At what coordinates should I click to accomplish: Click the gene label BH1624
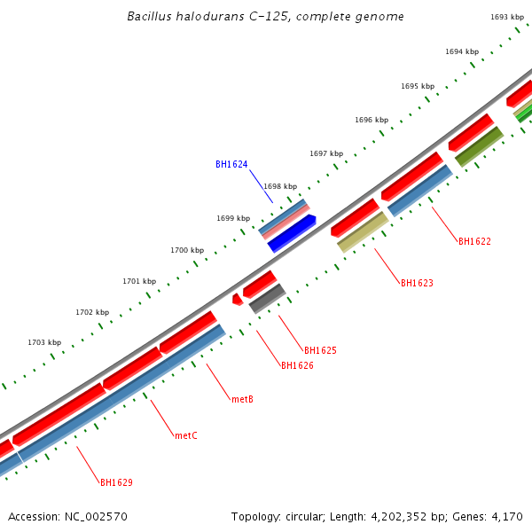(x=231, y=164)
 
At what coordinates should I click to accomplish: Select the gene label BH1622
(x=474, y=241)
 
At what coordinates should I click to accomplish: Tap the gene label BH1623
(x=417, y=284)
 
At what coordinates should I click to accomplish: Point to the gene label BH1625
(x=320, y=350)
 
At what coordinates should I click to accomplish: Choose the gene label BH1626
(x=297, y=365)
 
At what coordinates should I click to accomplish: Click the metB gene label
(x=243, y=399)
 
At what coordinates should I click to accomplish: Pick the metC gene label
(x=186, y=435)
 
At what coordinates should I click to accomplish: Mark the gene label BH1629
(x=116, y=483)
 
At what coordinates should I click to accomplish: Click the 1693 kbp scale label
(x=506, y=17)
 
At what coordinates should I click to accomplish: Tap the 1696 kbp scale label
(x=372, y=120)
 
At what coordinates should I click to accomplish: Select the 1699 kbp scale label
(x=233, y=218)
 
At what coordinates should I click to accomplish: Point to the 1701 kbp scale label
(x=139, y=281)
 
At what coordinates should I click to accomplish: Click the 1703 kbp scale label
(x=44, y=342)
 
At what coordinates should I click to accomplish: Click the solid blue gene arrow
(x=292, y=233)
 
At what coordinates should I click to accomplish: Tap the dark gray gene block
(x=267, y=299)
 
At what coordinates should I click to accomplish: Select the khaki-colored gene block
(x=363, y=231)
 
